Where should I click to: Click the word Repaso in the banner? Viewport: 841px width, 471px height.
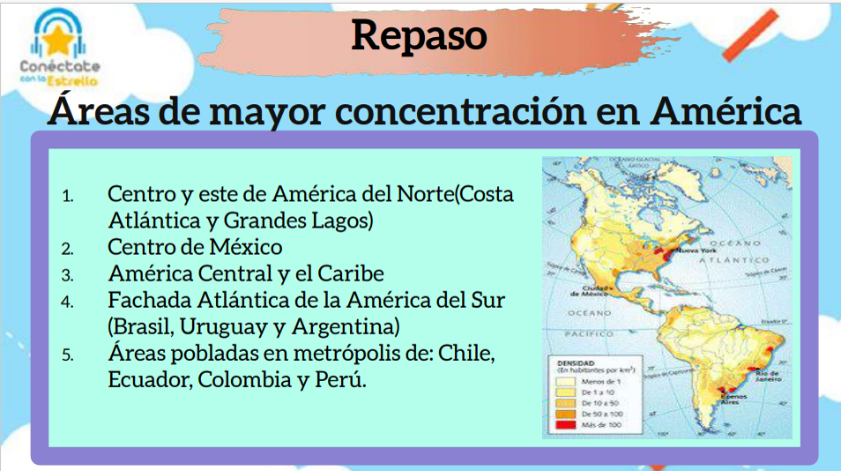pyautogui.click(x=420, y=34)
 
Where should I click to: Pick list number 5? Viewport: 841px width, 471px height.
pyautogui.click(x=68, y=355)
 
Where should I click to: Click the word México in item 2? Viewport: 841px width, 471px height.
pyautogui.click(x=241, y=246)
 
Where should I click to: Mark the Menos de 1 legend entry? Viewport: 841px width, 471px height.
pyautogui.click(x=599, y=380)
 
